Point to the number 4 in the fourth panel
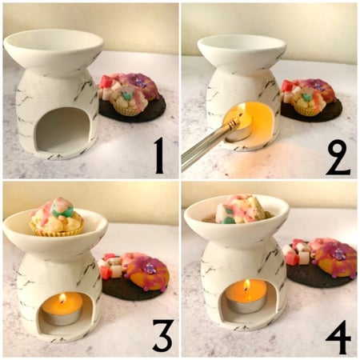(x=338, y=336)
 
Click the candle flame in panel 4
(x=246, y=286)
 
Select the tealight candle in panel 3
(x=62, y=312)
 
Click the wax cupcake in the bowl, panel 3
(x=57, y=218)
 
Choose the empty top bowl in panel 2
(x=241, y=50)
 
